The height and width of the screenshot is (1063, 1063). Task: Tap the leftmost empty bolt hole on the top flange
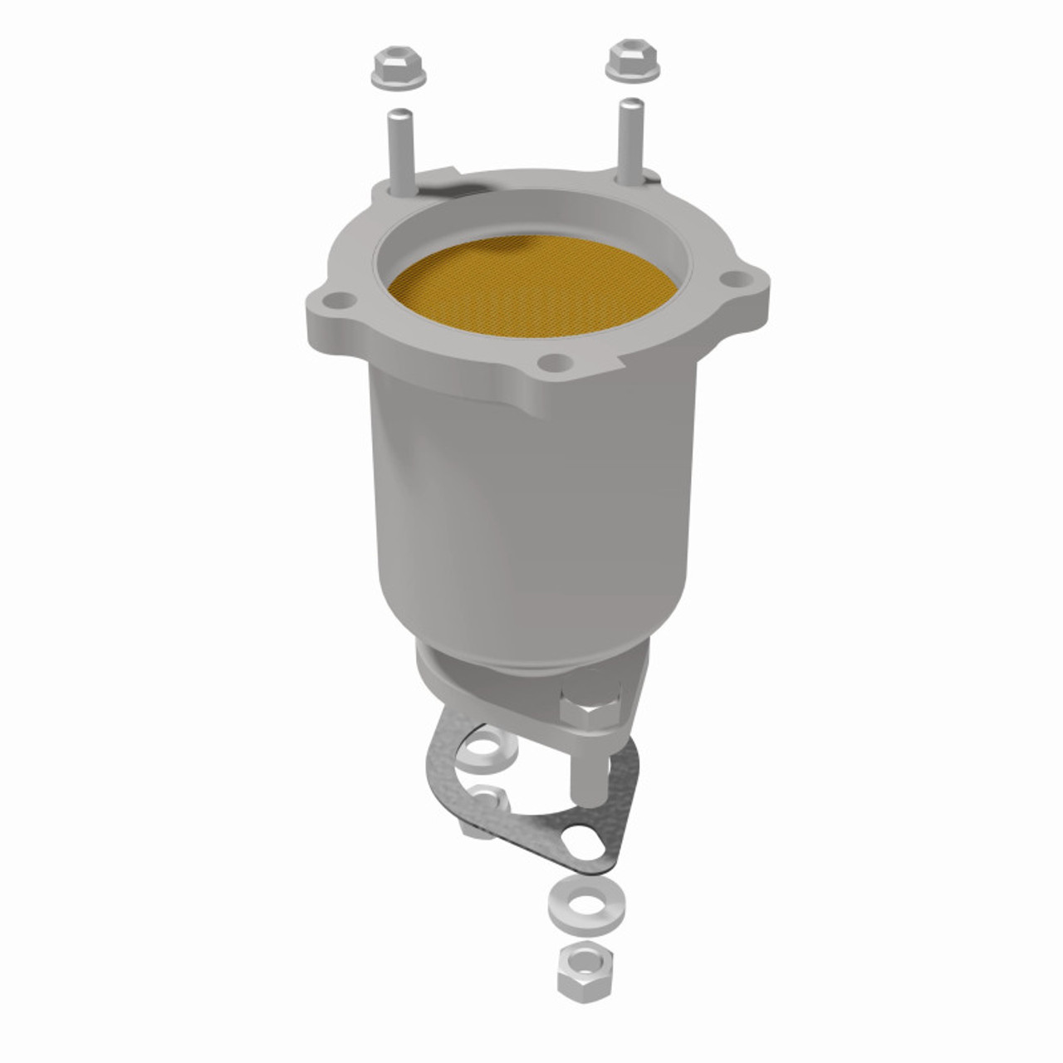tap(336, 301)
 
